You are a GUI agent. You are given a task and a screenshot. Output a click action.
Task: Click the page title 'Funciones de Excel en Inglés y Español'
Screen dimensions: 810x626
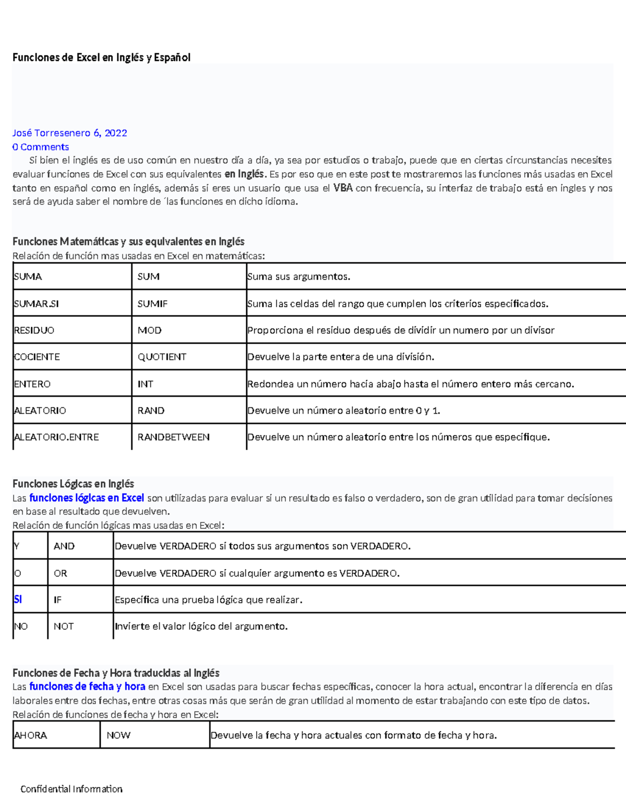tap(101, 57)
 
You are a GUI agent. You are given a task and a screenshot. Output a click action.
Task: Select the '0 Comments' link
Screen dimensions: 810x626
tap(41, 147)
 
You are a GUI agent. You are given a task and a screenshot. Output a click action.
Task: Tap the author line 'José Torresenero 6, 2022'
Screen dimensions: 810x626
tap(69, 133)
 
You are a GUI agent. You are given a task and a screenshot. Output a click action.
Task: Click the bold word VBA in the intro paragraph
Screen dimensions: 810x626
tap(343, 188)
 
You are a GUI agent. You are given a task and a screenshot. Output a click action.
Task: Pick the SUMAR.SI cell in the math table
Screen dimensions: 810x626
tap(37, 304)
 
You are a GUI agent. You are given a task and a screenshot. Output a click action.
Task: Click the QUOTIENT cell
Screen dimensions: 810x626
tap(162, 357)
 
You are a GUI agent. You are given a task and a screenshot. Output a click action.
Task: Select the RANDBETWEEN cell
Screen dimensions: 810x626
tap(173, 437)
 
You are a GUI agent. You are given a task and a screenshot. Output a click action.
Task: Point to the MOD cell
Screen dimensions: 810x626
tap(150, 330)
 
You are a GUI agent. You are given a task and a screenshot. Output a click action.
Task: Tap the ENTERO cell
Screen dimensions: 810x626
tap(32, 384)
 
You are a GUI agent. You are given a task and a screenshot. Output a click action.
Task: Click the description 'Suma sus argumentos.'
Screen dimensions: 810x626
tap(299, 276)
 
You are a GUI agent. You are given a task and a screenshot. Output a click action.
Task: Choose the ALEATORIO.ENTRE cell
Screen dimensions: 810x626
tap(56, 437)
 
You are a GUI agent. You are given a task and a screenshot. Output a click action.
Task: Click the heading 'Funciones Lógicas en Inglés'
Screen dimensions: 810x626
tap(73, 483)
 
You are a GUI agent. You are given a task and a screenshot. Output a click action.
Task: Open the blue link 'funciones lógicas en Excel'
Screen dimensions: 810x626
tap(87, 498)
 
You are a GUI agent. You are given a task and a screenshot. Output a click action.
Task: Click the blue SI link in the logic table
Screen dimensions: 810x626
tap(18, 599)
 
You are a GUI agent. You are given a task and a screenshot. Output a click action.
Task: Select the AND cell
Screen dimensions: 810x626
tap(64, 546)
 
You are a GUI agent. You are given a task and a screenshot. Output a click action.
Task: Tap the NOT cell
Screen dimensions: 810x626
tap(64, 626)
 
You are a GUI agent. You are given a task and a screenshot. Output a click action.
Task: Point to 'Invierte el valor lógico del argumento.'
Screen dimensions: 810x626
tap(201, 626)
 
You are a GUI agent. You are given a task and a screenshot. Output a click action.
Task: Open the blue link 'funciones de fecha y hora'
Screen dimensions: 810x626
tap(87, 686)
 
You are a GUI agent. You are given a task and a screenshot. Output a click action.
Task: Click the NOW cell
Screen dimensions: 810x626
tap(118, 735)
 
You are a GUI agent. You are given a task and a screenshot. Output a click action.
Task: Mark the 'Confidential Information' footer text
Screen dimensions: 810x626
tap(71, 789)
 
